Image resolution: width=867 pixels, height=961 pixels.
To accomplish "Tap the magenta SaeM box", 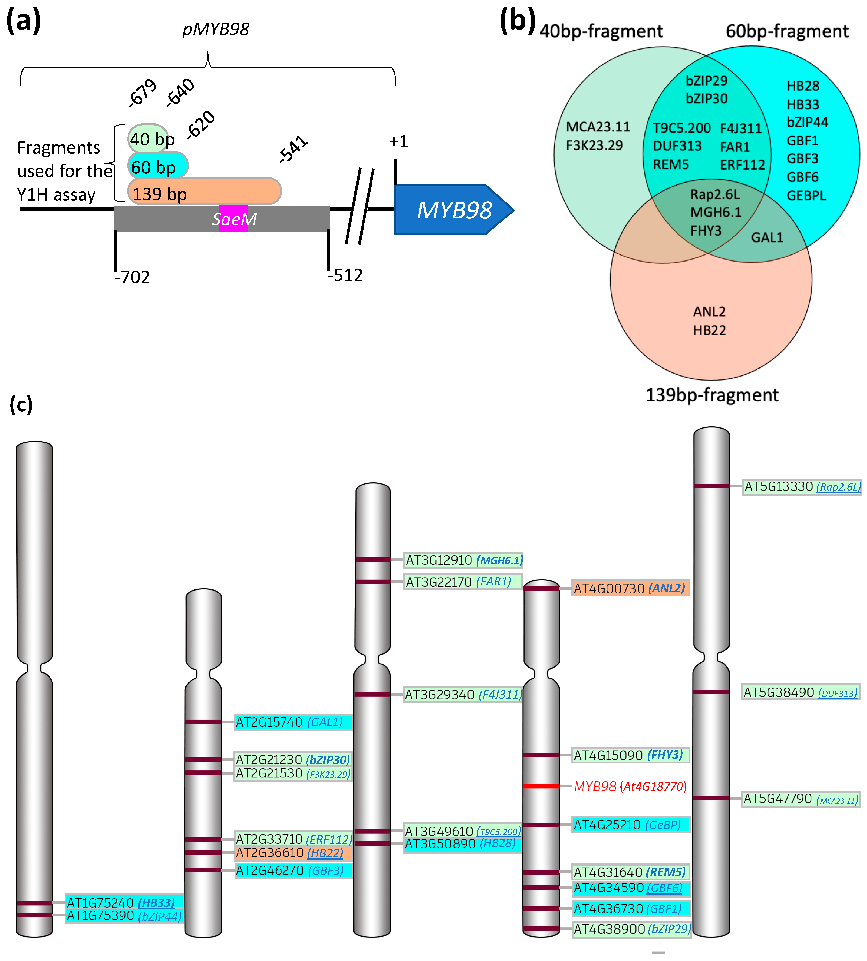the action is (234, 219).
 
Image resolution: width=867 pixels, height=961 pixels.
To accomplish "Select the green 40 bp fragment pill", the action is (148, 139).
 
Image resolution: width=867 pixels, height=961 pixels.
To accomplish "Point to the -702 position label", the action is (132, 277).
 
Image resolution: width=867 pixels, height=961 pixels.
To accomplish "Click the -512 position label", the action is (345, 275).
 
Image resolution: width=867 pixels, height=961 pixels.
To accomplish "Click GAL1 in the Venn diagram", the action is (767, 237).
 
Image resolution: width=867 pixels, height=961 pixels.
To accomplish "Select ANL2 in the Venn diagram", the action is (709, 312).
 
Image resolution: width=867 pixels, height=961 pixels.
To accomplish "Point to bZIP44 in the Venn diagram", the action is (807, 122).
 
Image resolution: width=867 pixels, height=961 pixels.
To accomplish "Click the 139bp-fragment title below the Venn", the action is (712, 395).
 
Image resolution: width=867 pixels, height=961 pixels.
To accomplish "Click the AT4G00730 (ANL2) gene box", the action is (630, 588).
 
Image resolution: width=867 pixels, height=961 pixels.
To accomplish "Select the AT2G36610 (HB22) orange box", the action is (293, 853).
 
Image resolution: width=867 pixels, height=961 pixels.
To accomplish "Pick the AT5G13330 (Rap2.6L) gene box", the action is (802, 487).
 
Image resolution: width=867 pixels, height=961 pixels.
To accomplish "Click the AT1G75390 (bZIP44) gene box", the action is (124, 916).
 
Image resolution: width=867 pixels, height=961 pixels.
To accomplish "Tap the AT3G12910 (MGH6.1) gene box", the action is (464, 560).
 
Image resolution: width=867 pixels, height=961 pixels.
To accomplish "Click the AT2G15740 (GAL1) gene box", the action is (293, 722).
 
